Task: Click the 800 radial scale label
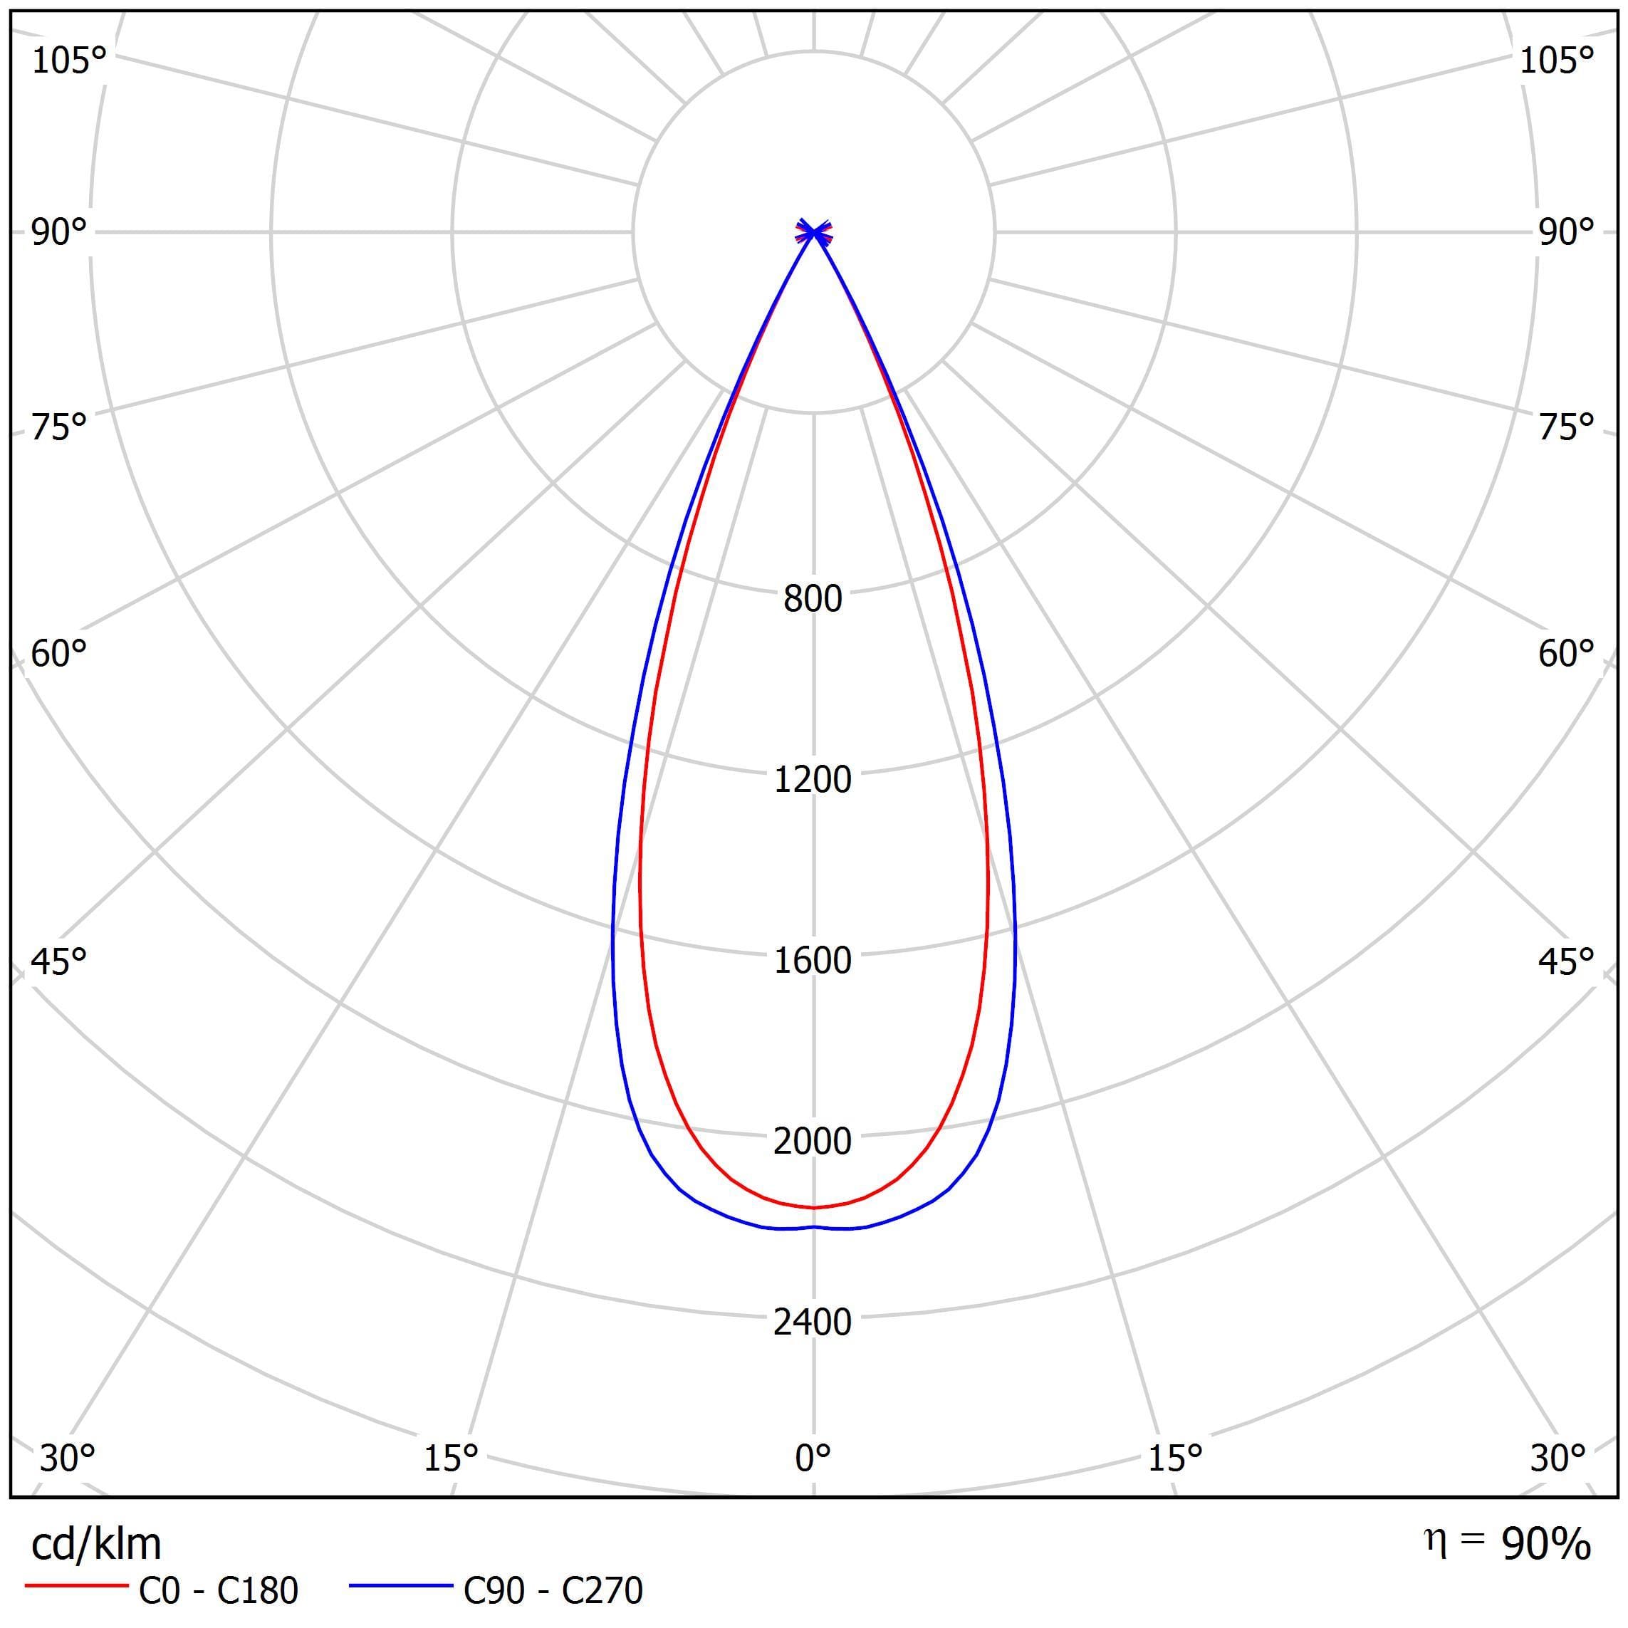click(813, 599)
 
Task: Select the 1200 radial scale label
click(813, 779)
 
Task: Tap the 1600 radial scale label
click(813, 961)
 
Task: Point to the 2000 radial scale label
click(813, 1141)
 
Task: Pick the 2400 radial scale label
click(813, 1322)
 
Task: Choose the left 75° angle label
click(59, 428)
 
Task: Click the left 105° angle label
click(69, 61)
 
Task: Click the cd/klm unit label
click(96, 1545)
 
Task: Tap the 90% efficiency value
click(1546, 1545)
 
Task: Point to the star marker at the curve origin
click(814, 231)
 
